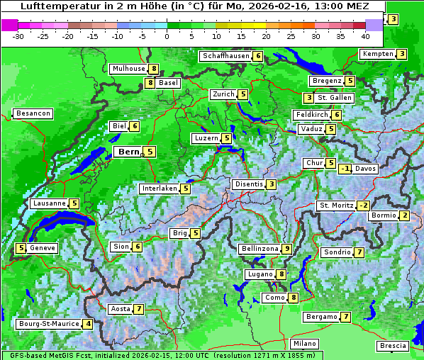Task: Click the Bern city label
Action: click(129, 152)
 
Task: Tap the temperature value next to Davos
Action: click(345, 169)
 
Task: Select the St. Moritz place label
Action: click(336, 206)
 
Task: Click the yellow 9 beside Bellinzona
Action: click(286, 249)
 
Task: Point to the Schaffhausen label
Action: click(225, 56)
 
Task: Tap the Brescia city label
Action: click(394, 346)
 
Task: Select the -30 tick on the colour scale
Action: click(18, 35)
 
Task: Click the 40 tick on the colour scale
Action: click(365, 35)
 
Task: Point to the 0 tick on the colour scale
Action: click(167, 35)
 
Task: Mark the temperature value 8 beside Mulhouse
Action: click(153, 69)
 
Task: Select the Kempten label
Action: click(377, 54)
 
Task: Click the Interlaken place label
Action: click(159, 189)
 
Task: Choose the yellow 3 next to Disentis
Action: click(272, 184)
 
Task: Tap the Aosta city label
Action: click(121, 309)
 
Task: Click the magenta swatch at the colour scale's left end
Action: click(9, 25)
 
